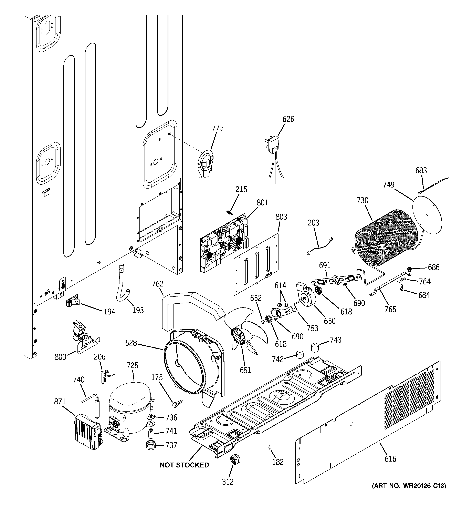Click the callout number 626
[288, 119]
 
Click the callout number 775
[218, 128]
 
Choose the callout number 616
[390, 459]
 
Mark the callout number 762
[157, 284]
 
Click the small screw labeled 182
[269, 448]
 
